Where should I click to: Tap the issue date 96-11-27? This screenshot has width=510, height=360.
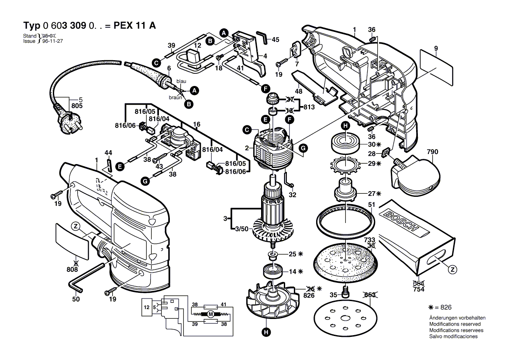(52, 41)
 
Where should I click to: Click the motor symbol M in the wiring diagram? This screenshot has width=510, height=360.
(210, 314)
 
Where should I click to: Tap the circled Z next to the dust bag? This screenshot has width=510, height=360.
(453, 269)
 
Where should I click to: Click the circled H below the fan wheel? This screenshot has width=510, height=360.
(265, 334)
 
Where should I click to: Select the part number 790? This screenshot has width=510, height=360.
(432, 152)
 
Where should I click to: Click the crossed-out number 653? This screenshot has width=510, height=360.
(369, 295)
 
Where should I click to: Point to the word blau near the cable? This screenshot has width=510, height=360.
(181, 82)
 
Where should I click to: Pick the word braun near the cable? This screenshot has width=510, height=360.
(176, 97)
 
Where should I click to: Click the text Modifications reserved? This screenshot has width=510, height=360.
(455, 324)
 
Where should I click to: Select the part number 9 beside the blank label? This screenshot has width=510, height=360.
(436, 48)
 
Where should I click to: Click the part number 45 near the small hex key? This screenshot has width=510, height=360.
(275, 39)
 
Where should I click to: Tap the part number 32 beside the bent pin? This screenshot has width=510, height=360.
(293, 195)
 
